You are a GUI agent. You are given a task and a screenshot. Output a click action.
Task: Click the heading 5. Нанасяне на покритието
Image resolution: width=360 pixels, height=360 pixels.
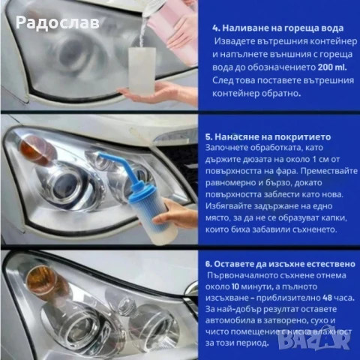pyautogui.click(x=266, y=138)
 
